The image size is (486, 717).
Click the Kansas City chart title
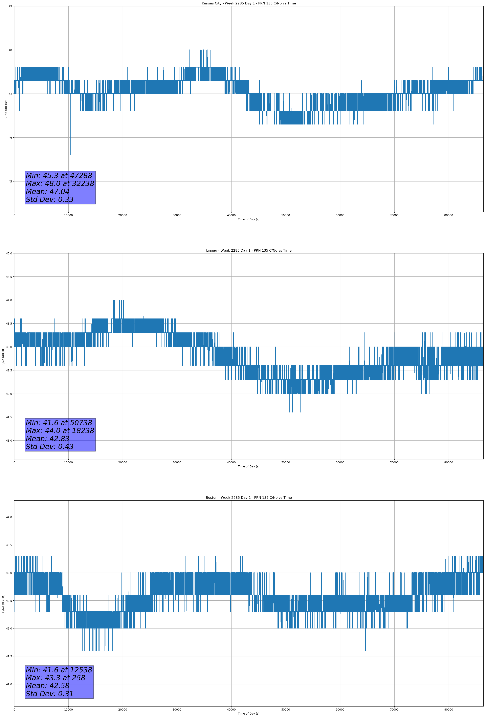[x=248, y=3]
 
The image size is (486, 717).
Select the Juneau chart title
[x=248, y=251]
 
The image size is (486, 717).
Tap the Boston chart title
[x=248, y=498]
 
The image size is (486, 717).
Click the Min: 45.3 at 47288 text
[x=59, y=176]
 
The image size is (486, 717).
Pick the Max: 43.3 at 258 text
[x=56, y=678]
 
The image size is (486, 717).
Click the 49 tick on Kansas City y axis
[x=10, y=6]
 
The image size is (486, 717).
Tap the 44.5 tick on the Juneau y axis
[x=9, y=277]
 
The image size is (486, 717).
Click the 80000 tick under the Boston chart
[x=448, y=710]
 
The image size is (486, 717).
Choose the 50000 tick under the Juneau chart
[x=285, y=462]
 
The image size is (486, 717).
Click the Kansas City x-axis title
[x=248, y=219]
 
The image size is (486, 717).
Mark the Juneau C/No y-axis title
[x=3, y=356]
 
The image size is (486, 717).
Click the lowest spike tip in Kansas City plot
[x=271, y=168]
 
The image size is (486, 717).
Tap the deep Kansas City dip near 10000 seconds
[x=71, y=155]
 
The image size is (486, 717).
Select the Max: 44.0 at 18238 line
[x=60, y=431]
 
